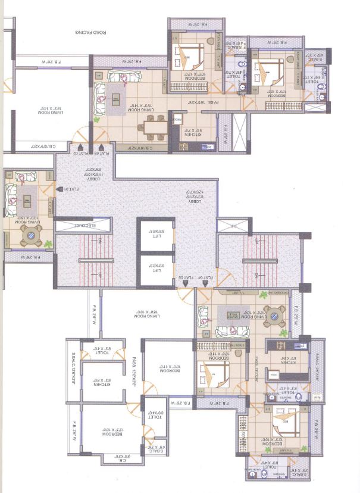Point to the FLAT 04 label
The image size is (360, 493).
pos(206,277)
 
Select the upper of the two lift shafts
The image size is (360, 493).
pos(156,236)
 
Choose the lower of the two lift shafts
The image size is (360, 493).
pos(156,269)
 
